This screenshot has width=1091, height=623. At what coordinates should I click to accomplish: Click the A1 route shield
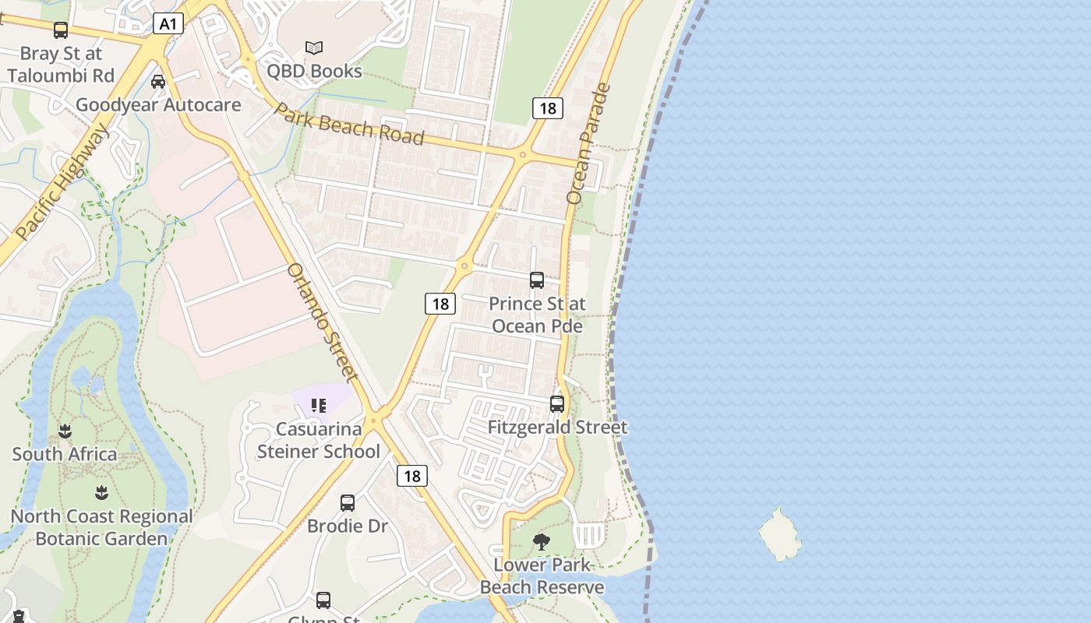coord(168,24)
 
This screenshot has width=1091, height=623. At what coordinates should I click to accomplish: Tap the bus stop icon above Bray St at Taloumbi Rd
coord(60,30)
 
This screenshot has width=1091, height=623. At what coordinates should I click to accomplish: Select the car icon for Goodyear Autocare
coord(158,82)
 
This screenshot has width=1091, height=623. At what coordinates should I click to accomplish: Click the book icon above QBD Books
coord(314,48)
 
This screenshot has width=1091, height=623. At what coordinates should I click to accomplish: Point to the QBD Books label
coord(314,71)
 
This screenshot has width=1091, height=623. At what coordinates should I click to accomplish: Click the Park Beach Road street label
coord(350,125)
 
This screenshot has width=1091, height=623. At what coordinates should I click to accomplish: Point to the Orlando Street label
coord(323,322)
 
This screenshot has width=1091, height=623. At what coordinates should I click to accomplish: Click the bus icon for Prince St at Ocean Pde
coord(536,280)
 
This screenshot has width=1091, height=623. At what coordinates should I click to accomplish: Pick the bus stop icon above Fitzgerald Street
coord(556,404)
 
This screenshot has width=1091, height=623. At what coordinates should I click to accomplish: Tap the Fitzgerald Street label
coord(557,427)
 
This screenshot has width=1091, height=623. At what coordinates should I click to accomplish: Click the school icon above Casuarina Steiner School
coord(318,406)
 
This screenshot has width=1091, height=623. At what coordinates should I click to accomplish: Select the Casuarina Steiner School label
coord(319,440)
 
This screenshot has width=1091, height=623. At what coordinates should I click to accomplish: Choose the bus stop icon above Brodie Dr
coord(348,503)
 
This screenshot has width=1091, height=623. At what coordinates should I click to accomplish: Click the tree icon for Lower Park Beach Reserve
coord(541,542)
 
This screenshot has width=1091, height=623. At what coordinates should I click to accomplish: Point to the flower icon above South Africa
coord(65,431)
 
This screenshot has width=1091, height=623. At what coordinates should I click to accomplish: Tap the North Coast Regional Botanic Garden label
coord(101,527)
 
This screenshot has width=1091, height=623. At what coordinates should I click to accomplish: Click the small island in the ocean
coord(780,534)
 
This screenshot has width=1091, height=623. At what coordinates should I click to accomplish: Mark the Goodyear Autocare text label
coord(158,104)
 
